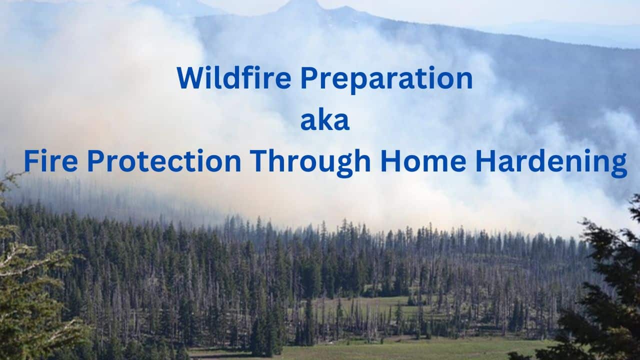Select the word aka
coord(324,121)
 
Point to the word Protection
coord(160,161)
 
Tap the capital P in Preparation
coord(307,78)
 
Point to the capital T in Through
coord(258,161)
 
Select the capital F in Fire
coord(30,161)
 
